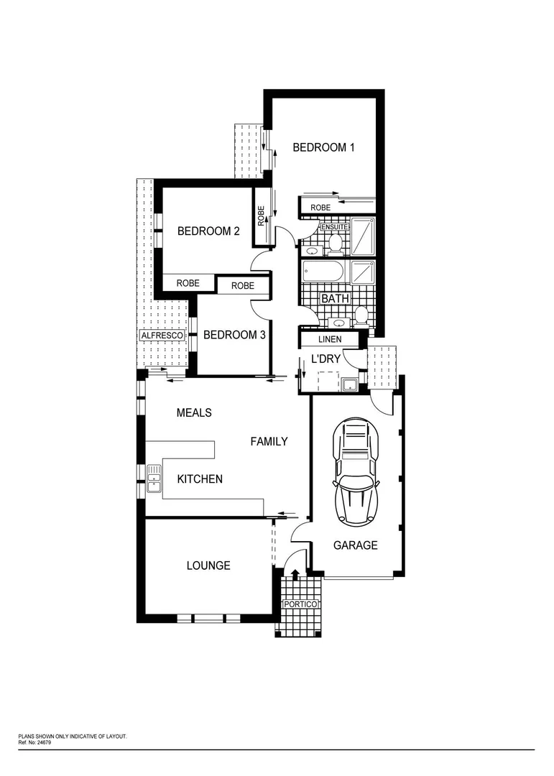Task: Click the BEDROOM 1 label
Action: [323, 147]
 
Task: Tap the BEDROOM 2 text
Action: [208, 231]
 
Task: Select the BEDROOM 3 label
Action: [234, 335]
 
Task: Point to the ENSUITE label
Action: [334, 228]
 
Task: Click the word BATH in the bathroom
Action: [334, 298]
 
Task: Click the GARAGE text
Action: [355, 545]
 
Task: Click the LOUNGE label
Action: [208, 565]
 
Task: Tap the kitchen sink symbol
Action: [154, 479]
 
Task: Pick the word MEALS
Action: [194, 412]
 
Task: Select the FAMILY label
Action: [269, 441]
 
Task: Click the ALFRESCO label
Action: [162, 336]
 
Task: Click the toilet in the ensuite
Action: [334, 244]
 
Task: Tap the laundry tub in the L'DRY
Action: [350, 385]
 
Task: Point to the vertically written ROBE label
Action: [262, 216]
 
